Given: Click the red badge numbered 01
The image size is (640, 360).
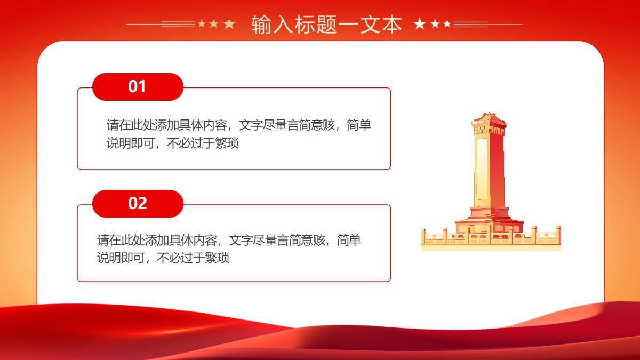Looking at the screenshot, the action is point(138,87).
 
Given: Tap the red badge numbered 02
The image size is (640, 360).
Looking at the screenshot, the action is point(138,203).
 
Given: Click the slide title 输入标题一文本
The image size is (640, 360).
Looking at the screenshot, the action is point(326,25).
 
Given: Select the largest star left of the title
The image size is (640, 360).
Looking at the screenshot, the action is point(229,25).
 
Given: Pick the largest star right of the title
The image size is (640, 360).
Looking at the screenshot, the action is point(419,23).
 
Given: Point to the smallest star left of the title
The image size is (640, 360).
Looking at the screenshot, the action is point(202,23).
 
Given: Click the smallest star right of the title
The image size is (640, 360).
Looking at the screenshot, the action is point(447,23).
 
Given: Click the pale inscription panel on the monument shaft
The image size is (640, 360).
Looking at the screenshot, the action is point(482,171).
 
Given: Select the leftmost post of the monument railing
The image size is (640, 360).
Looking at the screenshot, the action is point(423,237).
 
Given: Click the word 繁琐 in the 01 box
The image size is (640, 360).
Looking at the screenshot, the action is point(227,143).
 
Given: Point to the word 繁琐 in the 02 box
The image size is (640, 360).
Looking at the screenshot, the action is point(217,258).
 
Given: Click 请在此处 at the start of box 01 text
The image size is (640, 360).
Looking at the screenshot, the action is point(131,125).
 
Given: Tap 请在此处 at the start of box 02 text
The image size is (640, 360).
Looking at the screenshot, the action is point(121,240).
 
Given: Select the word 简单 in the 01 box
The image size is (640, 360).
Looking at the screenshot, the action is point(359,125).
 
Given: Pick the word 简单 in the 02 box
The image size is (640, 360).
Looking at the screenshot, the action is point(349,240).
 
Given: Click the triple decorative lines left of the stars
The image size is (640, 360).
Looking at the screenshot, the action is point(178,25).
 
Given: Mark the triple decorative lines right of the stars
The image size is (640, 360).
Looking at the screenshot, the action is point(470,25).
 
